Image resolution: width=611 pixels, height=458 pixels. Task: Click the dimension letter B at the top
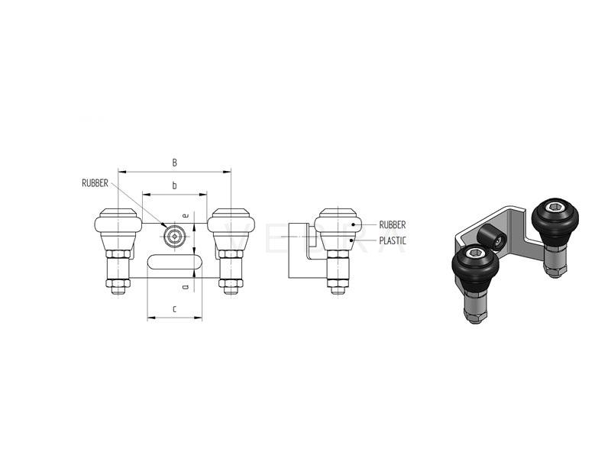[175, 163]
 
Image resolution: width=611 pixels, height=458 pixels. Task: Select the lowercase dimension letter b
[175, 185]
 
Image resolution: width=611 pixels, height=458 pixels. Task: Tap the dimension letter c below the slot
[175, 309]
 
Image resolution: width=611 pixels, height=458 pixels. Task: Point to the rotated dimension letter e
[186, 215]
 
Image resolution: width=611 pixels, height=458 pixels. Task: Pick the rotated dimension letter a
[186, 287]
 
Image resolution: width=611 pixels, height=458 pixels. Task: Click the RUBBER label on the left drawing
[95, 183]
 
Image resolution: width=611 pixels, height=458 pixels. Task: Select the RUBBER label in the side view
[393, 224]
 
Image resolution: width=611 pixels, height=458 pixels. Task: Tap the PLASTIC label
[393, 240]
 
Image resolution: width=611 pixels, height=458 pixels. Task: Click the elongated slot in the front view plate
[175, 261]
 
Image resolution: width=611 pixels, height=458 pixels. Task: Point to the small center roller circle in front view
[175, 236]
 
